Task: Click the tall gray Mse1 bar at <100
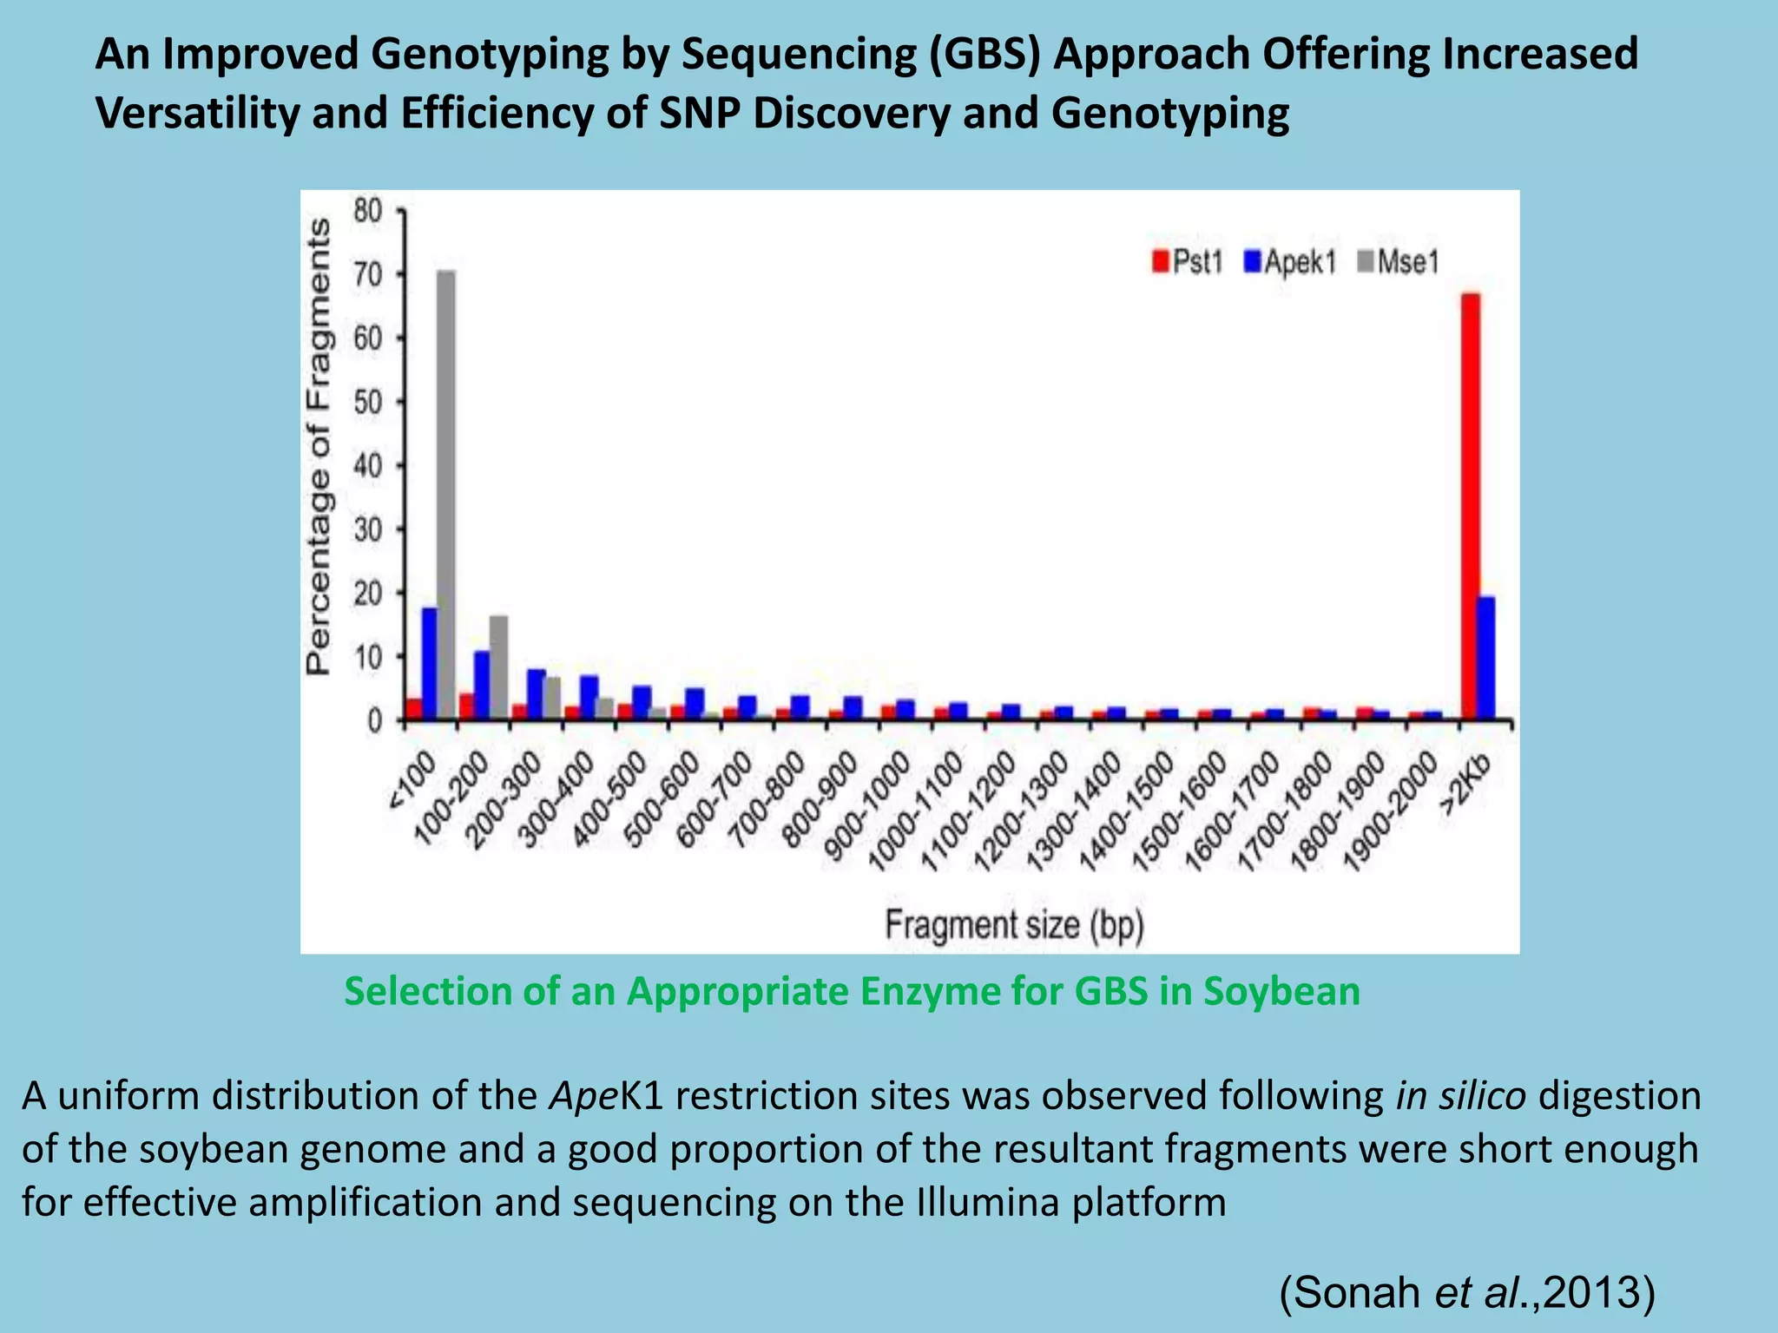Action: (446, 495)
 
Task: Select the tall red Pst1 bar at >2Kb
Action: (1471, 507)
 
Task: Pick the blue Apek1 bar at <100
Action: (430, 663)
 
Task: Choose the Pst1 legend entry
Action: (1188, 261)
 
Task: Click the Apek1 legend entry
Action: (1290, 261)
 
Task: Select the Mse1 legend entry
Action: (1397, 261)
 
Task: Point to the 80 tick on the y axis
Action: (368, 210)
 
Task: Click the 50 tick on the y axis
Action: (368, 402)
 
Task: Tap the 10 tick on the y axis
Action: (368, 657)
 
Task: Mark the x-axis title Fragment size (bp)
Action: (1014, 925)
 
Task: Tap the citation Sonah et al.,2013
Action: (1468, 1292)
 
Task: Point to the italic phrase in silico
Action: (1460, 1096)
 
